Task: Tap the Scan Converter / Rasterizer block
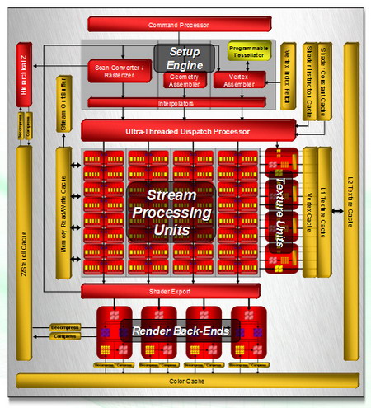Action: (x=120, y=71)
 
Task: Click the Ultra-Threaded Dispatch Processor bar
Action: (x=188, y=130)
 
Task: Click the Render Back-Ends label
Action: (x=173, y=331)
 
